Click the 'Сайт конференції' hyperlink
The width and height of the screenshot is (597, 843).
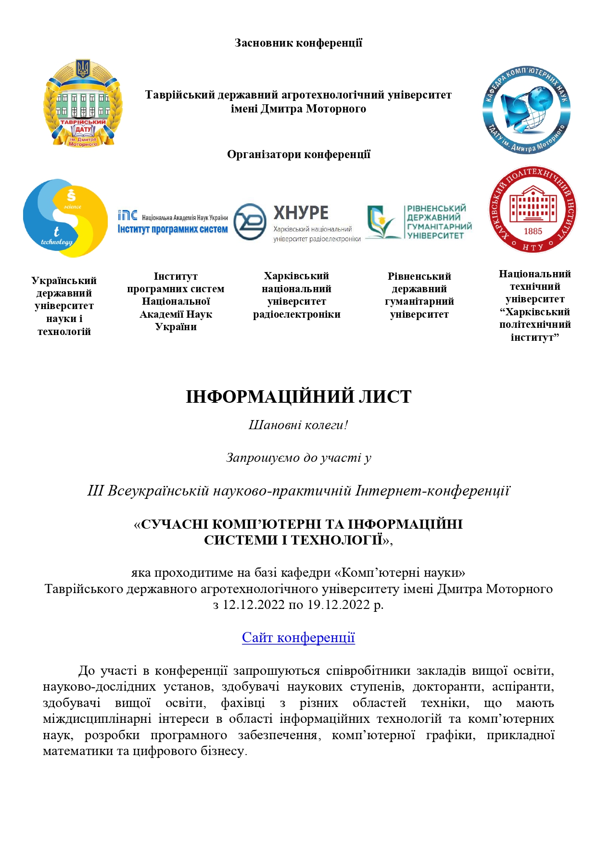coord(298,637)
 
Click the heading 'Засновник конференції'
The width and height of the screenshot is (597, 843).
coord(298,43)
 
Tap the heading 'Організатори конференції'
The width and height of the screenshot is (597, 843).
coord(298,154)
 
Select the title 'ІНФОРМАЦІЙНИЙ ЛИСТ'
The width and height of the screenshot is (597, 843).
coord(298,397)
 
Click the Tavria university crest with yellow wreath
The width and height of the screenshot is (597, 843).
coord(83,103)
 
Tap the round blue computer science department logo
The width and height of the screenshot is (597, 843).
coord(526,110)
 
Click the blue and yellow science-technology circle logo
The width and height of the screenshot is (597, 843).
coord(65,218)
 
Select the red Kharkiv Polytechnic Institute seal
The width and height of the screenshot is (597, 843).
coord(533,210)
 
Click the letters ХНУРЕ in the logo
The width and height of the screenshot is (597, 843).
coord(301,212)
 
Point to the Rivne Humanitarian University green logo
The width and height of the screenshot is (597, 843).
coord(419,222)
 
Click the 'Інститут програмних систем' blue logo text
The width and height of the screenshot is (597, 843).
coord(173,229)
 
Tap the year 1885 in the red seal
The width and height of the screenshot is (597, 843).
coord(533,231)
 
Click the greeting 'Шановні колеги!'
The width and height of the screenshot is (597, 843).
coord(298,425)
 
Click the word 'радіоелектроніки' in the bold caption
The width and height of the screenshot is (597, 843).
coord(297,314)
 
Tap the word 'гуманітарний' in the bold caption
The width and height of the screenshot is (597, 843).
coord(419,301)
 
